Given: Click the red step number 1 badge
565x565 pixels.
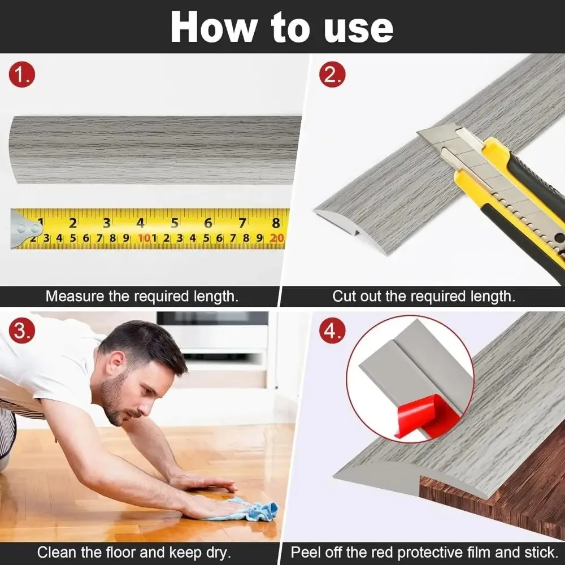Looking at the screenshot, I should point(22,76).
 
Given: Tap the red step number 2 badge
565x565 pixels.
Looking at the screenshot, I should point(332,76).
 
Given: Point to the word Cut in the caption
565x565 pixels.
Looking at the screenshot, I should point(344,296).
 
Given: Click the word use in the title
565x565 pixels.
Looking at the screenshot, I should point(358,27).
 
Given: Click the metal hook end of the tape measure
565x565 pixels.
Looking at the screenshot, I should point(24,229).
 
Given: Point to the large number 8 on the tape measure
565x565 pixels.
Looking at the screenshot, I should point(276,223).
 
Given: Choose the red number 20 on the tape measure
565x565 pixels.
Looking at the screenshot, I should point(277,238).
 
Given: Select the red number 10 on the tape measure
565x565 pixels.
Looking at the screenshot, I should point(144,238).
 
